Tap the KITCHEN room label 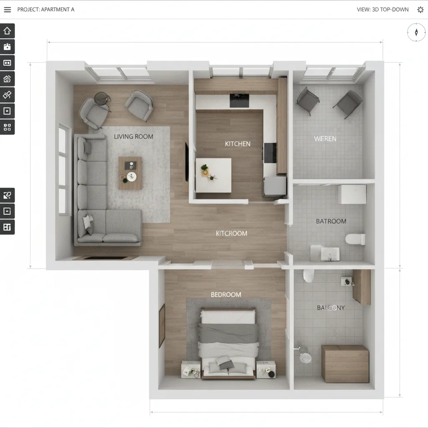pyautogui.click(x=237, y=144)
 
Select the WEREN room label pyautogui.click(x=325, y=139)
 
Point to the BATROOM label pyautogui.click(x=331, y=221)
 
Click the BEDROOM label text pyautogui.click(x=226, y=295)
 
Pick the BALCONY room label pyautogui.click(x=331, y=308)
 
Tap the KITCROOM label pyautogui.click(x=231, y=233)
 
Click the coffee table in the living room pyautogui.click(x=130, y=173)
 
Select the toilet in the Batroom pyautogui.click(x=355, y=239)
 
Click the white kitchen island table pyautogui.click(x=213, y=175)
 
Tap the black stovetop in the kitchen pyautogui.click(x=239, y=100)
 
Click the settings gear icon pyautogui.click(x=420, y=10)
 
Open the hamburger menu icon pyautogui.click(x=8, y=10)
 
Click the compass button pyautogui.click(x=416, y=32)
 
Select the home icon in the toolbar pyautogui.click(x=7, y=31)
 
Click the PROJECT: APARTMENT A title pyautogui.click(x=46, y=10)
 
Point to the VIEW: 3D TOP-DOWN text pyautogui.click(x=382, y=10)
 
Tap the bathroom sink pyautogui.click(x=330, y=254)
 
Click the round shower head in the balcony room pyautogui.click(x=306, y=358)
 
